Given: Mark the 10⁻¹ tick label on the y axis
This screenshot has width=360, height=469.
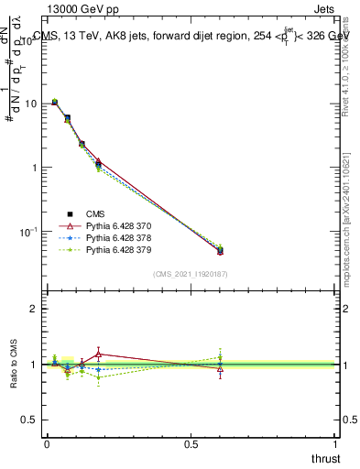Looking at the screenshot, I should (x=27, y=232).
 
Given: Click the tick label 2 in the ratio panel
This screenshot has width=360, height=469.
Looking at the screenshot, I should (x=34, y=309).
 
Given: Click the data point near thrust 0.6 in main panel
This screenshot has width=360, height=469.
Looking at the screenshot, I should (x=220, y=250).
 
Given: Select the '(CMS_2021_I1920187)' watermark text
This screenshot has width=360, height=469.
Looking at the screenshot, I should (x=190, y=274).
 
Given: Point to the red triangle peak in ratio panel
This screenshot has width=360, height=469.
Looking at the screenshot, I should (x=99, y=354).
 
